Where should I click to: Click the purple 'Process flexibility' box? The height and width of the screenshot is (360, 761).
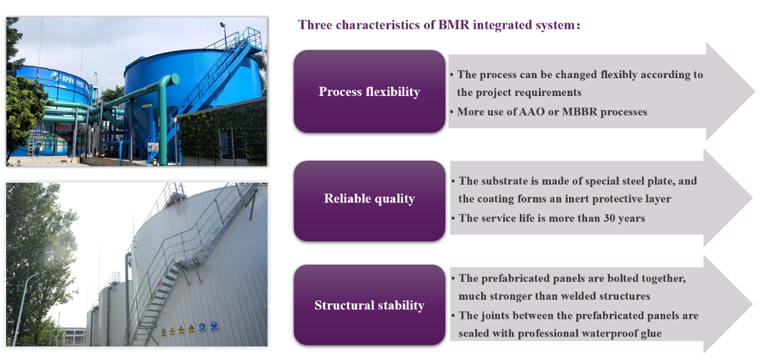pos(369,91)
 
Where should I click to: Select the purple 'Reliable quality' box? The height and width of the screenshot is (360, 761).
pos(369,201)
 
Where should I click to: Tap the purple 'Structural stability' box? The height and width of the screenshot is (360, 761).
pos(369,305)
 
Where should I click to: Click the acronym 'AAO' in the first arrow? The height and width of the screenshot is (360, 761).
pos(532,112)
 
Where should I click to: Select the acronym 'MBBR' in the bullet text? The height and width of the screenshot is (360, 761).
pos(580,112)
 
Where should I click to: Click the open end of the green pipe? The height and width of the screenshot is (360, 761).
pos(175,79)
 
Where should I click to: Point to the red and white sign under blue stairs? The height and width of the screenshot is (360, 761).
pos(156,147)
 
